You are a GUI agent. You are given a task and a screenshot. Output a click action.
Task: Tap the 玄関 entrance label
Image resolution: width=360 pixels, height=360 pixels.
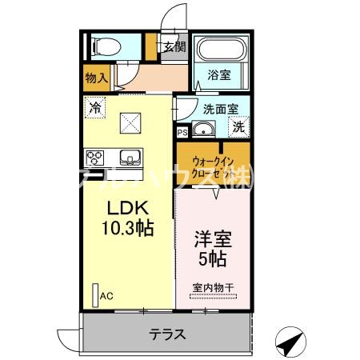[x=174, y=46]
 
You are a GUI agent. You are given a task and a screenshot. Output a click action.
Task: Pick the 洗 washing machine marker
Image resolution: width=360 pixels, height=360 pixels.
[x=238, y=126]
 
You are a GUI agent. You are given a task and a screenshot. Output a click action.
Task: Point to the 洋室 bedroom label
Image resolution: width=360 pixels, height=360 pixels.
[x=211, y=238]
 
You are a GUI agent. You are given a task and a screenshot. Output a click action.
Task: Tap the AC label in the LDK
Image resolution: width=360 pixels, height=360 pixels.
[x=107, y=295]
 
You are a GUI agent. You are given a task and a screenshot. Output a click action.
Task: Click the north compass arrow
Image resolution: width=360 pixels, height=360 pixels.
[x=290, y=342]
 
